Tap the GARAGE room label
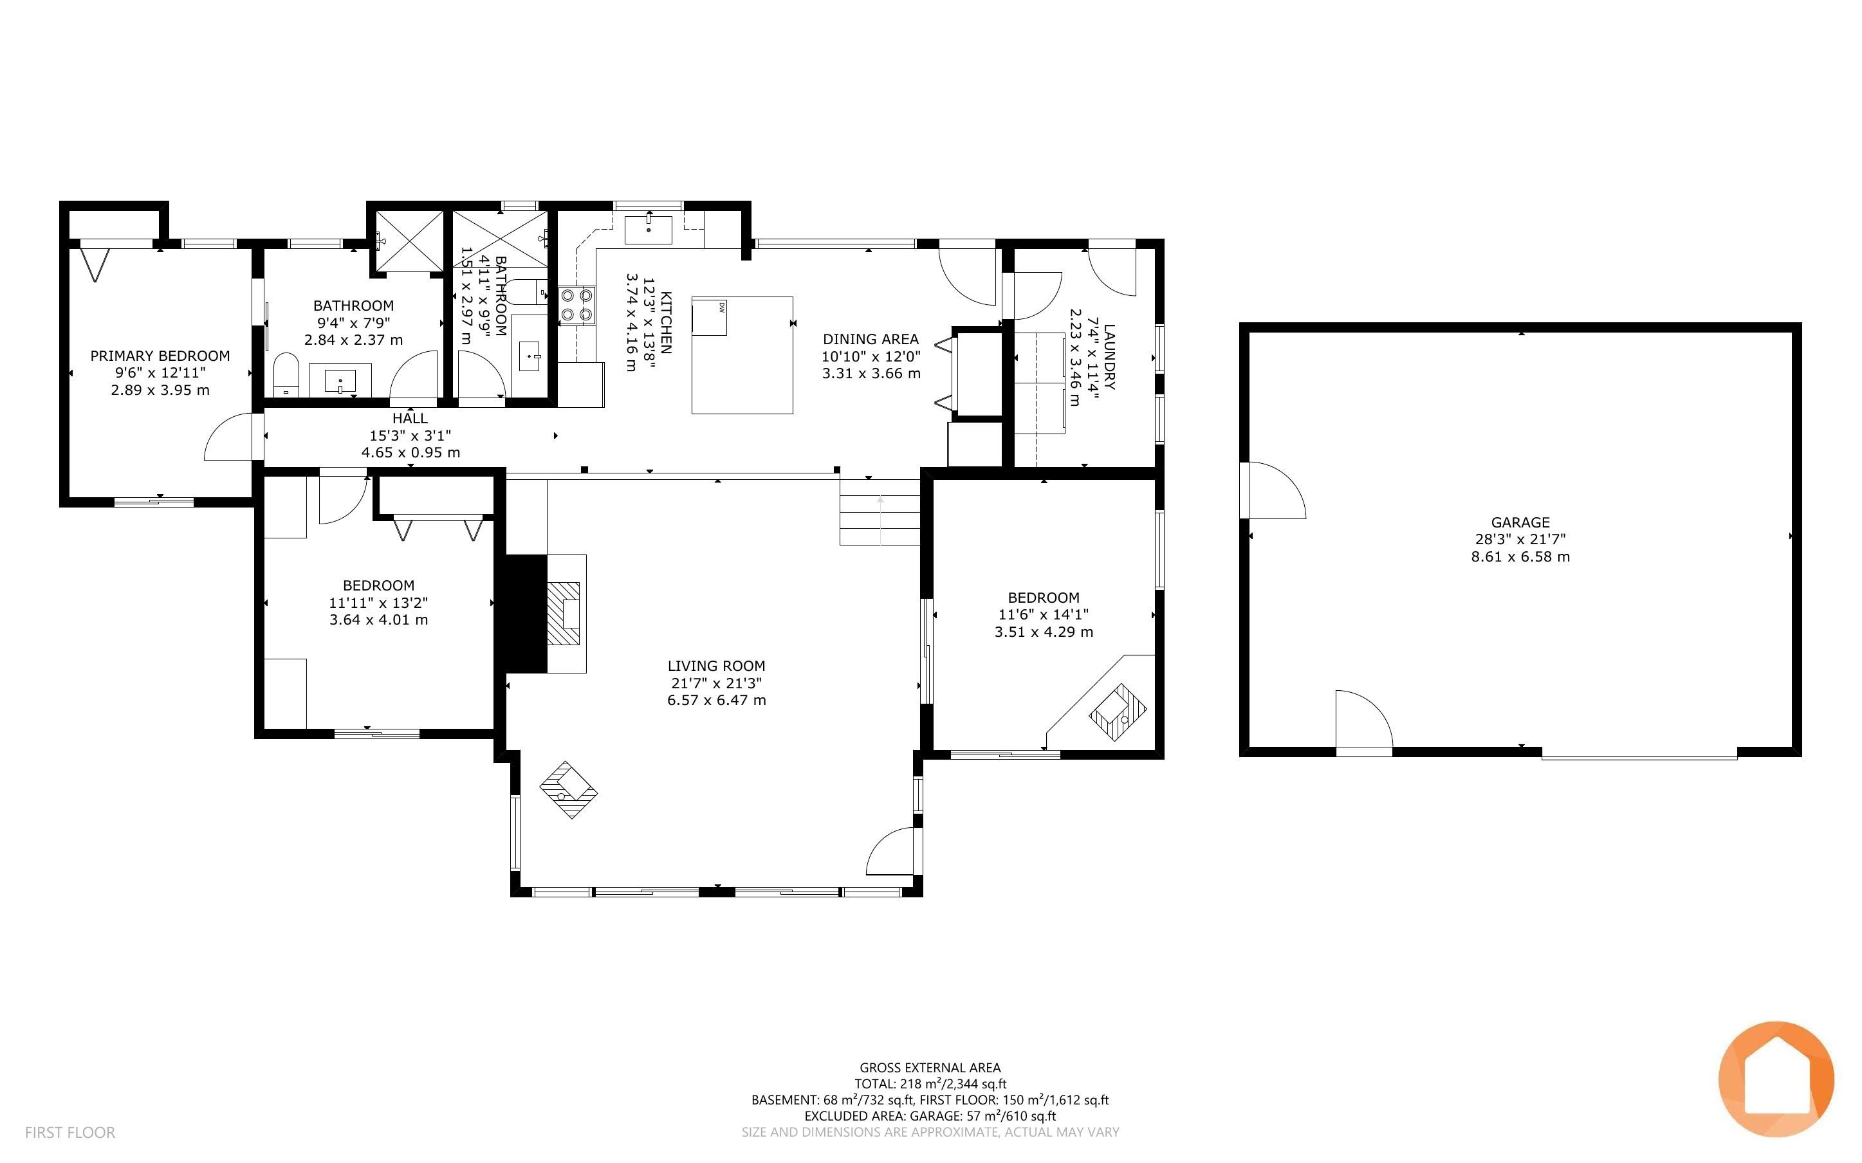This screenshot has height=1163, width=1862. pos(1520,522)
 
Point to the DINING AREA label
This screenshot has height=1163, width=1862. pos(871,339)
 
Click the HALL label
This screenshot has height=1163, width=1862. pos(410,418)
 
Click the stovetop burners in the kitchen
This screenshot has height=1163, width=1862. pos(577,304)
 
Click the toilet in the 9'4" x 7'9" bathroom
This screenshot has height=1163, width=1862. pos(286,374)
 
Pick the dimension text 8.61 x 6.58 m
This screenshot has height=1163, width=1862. pos(1520,557)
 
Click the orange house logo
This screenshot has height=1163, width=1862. pos(1776,1079)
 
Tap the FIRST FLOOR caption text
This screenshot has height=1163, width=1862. pos(70,1132)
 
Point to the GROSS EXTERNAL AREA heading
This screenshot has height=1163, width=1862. pos(930,1068)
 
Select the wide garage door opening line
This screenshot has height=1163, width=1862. pos(1639,758)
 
